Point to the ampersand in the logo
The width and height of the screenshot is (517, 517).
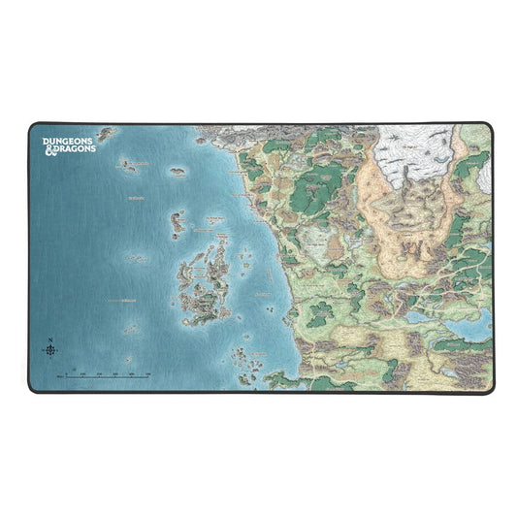(x=48, y=151)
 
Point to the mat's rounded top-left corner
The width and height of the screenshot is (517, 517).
(x=32, y=126)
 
